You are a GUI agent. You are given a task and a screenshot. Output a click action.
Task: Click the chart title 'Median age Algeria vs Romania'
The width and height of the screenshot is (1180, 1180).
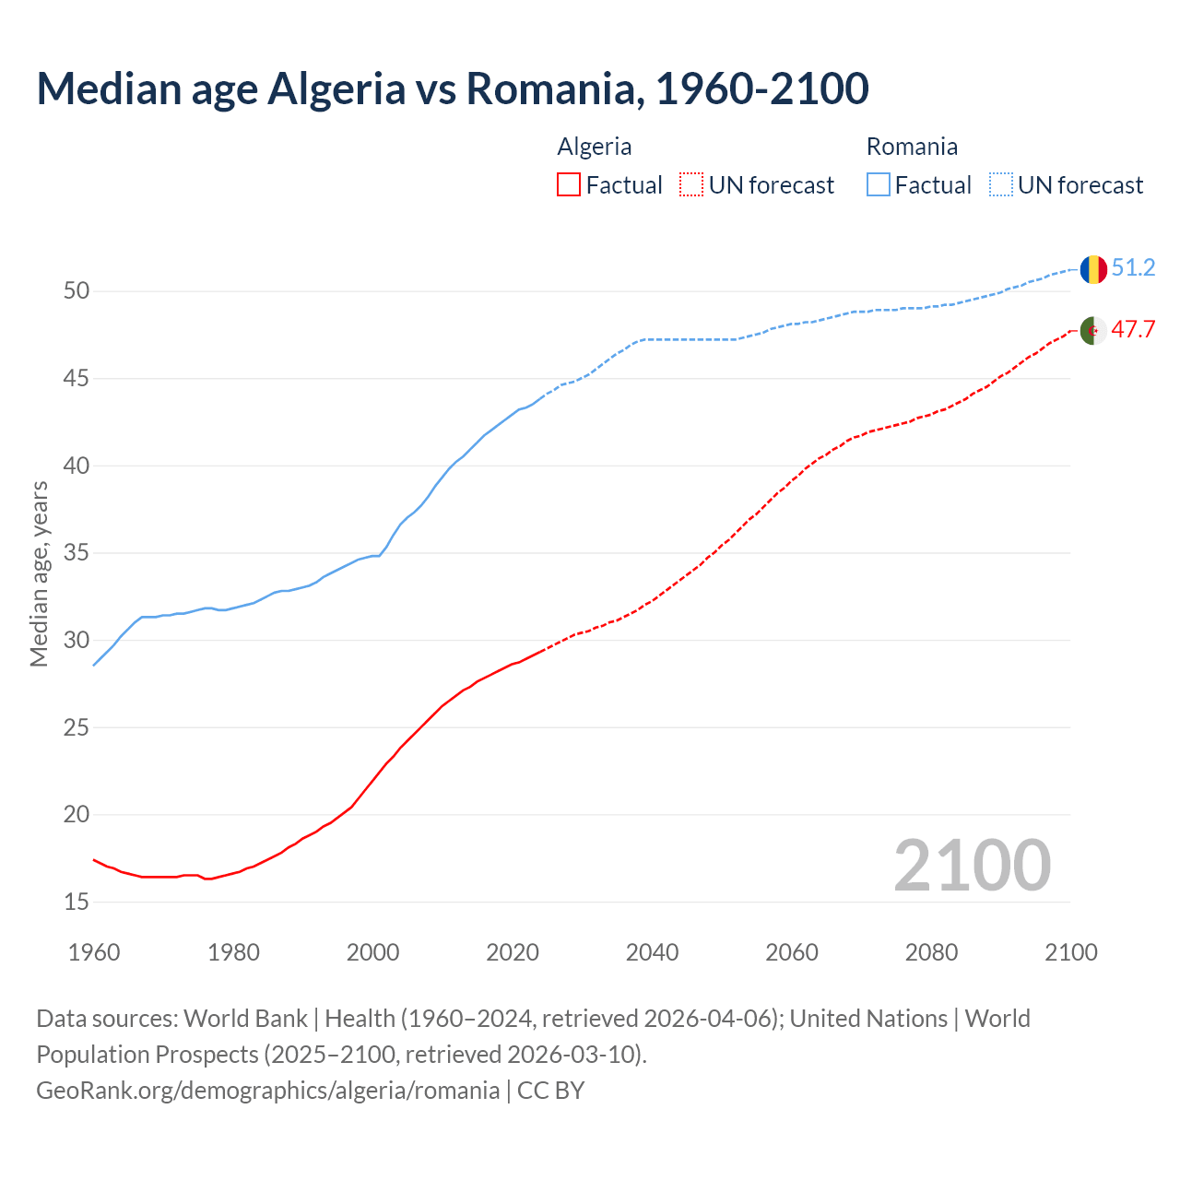452,88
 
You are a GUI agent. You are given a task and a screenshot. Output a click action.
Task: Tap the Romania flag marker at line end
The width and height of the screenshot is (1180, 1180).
1092,269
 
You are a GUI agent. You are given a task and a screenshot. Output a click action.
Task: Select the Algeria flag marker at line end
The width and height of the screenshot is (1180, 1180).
1092,330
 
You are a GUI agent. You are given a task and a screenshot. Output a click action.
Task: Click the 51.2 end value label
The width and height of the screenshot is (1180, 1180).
1133,268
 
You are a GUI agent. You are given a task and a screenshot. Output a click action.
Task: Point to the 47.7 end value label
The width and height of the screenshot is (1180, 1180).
1133,330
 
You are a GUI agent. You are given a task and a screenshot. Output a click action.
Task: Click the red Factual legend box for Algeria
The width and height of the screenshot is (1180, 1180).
569,185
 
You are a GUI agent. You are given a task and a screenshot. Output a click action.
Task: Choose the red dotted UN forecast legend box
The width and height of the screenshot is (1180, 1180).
691,185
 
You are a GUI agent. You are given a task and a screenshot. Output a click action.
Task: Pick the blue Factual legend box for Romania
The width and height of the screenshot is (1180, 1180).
879,185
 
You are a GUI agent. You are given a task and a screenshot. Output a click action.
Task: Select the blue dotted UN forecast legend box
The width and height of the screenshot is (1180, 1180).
1000,185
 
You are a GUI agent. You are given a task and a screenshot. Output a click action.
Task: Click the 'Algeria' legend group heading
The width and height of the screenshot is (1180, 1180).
595,147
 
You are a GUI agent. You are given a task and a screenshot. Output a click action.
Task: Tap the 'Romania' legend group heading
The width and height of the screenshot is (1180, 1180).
912,147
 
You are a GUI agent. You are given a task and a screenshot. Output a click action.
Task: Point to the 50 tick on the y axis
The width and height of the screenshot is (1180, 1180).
77,291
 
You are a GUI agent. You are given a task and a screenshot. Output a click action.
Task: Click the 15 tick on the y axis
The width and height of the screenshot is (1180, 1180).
77,902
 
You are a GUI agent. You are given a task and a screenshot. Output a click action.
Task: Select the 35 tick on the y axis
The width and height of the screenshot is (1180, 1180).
77,553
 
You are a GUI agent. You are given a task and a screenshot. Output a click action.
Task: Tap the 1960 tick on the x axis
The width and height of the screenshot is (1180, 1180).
94,952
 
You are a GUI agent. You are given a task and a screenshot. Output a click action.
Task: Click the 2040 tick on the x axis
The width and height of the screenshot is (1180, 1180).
652,952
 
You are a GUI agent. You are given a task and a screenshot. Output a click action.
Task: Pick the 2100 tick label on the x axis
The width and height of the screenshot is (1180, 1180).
1070,952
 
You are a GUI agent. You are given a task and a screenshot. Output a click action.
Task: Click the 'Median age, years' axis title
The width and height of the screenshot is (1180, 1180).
39,573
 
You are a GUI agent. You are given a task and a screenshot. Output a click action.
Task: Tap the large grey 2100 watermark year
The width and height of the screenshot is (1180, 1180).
972,865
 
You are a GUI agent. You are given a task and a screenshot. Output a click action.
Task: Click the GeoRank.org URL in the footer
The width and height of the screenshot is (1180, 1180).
267,1090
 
